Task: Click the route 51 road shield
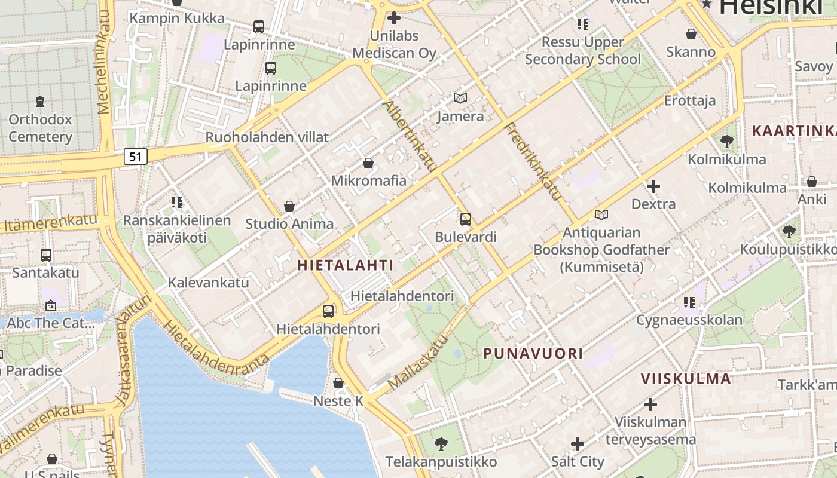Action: [136, 157]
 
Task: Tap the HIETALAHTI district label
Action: [346, 265]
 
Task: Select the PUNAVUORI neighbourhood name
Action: [533, 353]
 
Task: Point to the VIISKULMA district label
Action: [686, 378]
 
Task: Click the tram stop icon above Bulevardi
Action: [465, 219]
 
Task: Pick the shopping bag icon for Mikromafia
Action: [368, 163]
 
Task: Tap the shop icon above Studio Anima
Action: [289, 207]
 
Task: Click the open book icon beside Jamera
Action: [460, 99]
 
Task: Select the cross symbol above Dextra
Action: [653, 187]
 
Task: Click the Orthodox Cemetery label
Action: [40, 128]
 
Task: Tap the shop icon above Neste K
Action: [338, 383]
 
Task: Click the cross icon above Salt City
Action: [577, 444]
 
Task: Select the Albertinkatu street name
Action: [410, 136]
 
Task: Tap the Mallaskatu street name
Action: [418, 363]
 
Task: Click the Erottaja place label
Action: [690, 100]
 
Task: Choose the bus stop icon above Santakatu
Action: [46, 255]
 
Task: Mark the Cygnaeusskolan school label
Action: [689, 320]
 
